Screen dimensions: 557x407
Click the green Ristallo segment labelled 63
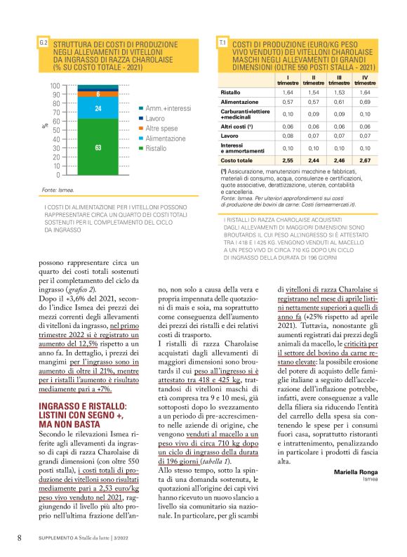point(98,147)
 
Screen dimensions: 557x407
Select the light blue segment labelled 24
point(98,109)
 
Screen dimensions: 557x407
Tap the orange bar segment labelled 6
point(98,93)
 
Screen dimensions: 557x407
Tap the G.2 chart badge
point(43,44)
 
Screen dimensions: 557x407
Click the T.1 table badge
point(222,44)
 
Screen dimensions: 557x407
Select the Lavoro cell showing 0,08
point(288,136)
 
